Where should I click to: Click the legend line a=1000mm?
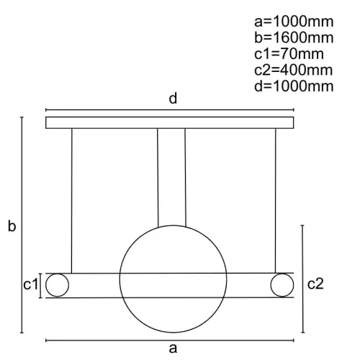(294, 22)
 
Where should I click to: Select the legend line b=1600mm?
(294, 37)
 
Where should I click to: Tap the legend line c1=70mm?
(289, 54)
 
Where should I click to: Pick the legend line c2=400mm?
(293, 70)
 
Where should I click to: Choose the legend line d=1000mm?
(294, 86)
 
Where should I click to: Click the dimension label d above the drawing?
(173, 99)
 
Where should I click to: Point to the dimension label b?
(12, 226)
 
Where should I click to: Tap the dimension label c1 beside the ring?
(31, 284)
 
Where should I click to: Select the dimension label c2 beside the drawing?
(315, 284)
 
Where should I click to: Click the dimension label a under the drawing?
(173, 348)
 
